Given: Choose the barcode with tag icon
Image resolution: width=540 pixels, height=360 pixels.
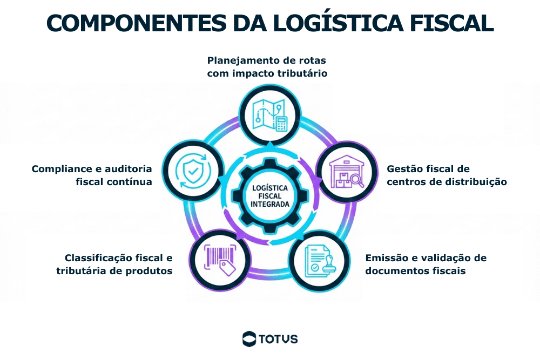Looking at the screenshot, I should (220, 256).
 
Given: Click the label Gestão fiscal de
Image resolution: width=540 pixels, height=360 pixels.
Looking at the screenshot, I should (428, 169).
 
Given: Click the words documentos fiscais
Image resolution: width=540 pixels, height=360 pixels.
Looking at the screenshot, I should (415, 270).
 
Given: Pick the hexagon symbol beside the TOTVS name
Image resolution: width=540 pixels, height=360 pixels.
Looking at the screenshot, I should (249, 339).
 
